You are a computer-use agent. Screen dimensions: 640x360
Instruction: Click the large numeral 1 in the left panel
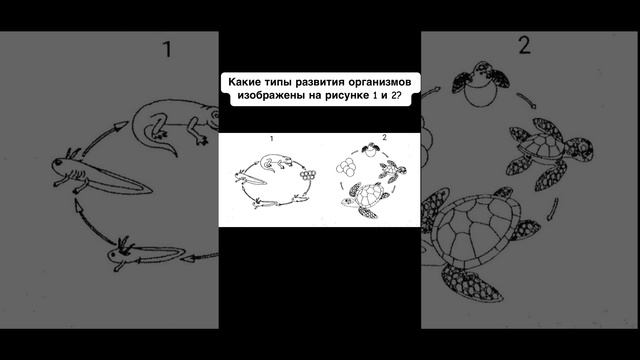[167, 49]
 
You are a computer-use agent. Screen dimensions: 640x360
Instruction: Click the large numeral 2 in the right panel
[525, 45]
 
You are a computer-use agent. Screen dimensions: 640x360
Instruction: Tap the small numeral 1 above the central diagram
[271, 139]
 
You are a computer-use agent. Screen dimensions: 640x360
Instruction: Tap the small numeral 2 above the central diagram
[384, 138]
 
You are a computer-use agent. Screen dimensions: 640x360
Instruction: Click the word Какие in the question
[244, 82]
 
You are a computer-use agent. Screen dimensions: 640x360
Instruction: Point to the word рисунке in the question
[347, 96]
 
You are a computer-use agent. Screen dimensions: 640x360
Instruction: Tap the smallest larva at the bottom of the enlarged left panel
[145, 253]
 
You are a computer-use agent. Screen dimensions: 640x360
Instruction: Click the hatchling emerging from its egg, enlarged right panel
[481, 84]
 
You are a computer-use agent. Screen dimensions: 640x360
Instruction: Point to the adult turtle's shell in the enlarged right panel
[476, 231]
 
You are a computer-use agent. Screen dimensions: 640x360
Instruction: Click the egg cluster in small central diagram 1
[308, 175]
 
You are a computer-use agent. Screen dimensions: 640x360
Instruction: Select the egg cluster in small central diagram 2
[345, 168]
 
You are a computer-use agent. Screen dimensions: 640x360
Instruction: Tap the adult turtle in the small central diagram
[364, 200]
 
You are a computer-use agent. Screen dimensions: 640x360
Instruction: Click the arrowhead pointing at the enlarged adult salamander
[121, 127]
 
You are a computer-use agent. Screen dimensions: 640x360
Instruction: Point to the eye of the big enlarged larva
[60, 163]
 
